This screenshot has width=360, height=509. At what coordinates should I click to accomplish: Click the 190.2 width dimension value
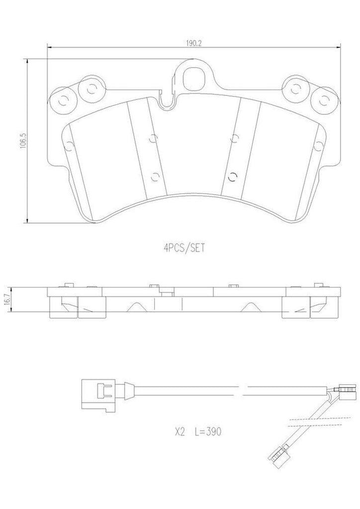[194, 43]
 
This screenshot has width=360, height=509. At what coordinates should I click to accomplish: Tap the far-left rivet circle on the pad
[62, 100]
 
